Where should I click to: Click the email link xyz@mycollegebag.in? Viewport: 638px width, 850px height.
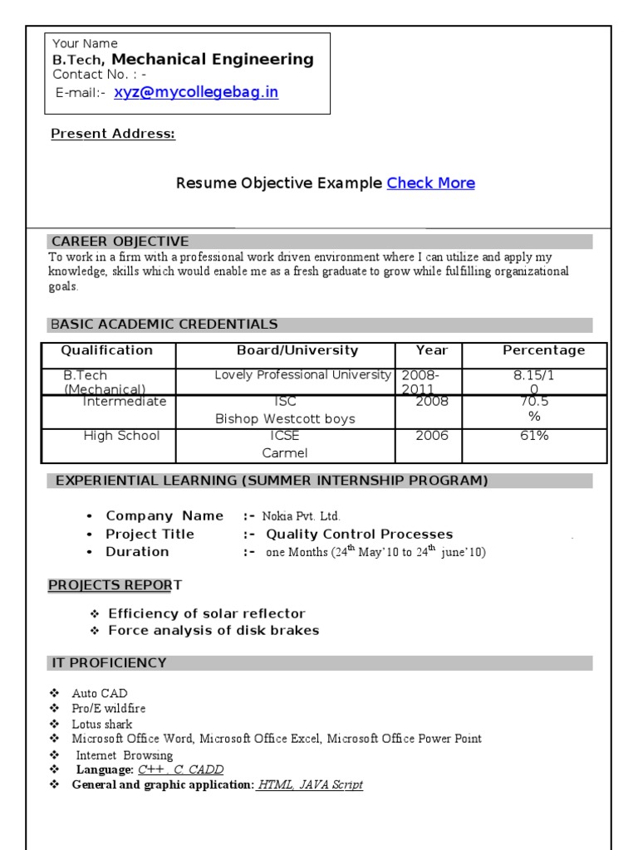pyautogui.click(x=196, y=92)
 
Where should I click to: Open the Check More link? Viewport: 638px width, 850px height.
pyautogui.click(x=430, y=183)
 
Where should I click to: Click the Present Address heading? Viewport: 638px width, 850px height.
pyautogui.click(x=113, y=134)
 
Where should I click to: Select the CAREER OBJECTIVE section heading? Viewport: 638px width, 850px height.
pyautogui.click(x=120, y=242)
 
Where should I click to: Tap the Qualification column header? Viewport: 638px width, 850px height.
pyautogui.click(x=107, y=350)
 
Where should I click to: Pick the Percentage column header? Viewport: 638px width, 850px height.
pyautogui.click(x=543, y=350)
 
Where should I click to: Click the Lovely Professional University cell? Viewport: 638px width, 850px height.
pyautogui.click(x=302, y=375)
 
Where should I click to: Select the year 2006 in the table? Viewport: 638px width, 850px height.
pyautogui.click(x=432, y=436)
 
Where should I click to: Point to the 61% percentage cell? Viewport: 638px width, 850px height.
pyautogui.click(x=534, y=436)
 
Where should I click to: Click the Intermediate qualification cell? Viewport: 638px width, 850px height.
pyautogui.click(x=125, y=402)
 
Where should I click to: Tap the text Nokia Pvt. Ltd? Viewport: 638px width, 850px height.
pyautogui.click(x=301, y=516)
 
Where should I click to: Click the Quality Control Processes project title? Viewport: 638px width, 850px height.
pyautogui.click(x=359, y=534)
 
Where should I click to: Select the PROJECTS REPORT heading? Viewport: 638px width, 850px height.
pyautogui.click(x=115, y=585)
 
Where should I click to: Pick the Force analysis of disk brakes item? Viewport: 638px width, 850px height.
pyautogui.click(x=213, y=630)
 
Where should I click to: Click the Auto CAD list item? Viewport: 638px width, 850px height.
pyautogui.click(x=100, y=693)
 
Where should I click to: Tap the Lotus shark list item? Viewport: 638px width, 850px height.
pyautogui.click(x=102, y=724)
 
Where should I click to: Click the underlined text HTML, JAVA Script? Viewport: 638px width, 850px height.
pyautogui.click(x=310, y=784)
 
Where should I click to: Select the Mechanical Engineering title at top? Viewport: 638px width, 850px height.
pyautogui.click(x=213, y=59)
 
